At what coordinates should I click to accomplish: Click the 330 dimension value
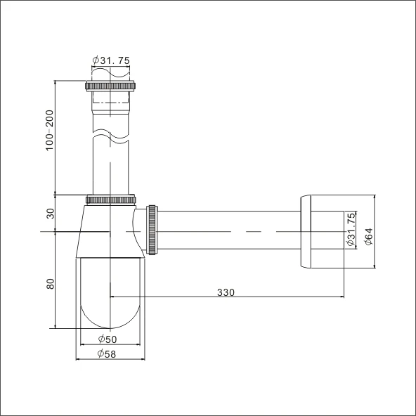[x=226, y=292]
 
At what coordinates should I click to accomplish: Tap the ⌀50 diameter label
[x=108, y=340]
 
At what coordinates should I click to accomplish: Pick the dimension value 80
[x=49, y=287]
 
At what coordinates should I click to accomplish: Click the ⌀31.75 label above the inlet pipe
[x=110, y=60]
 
